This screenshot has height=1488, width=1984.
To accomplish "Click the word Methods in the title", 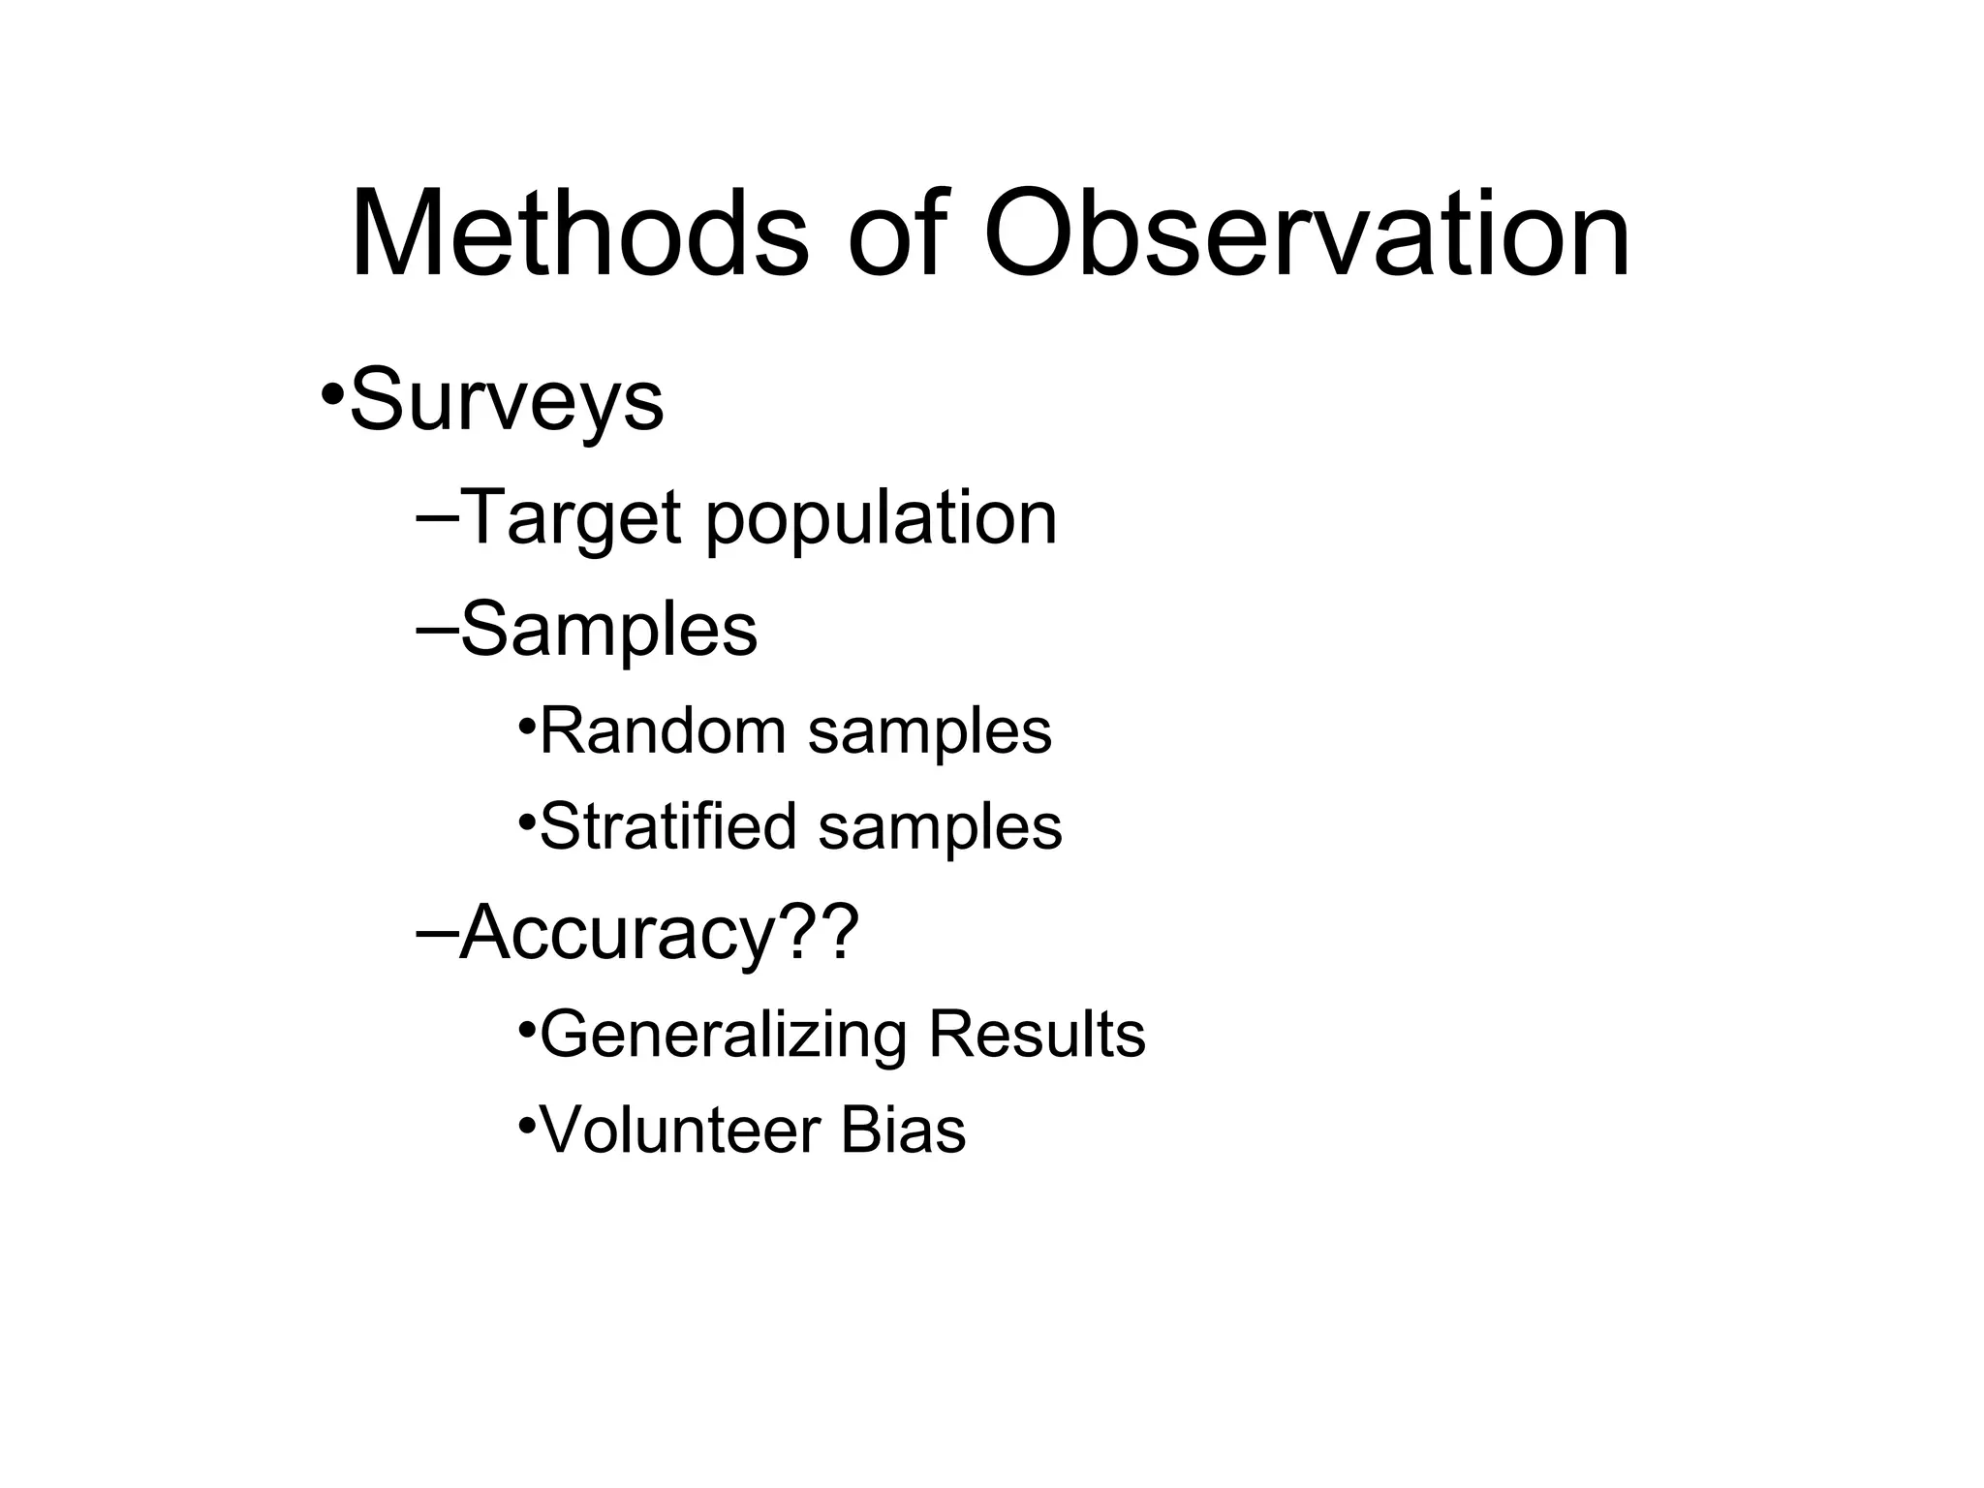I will (x=579, y=235).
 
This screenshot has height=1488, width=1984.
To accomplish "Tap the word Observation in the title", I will (x=1307, y=235).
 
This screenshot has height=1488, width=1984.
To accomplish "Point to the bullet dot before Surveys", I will (x=332, y=395).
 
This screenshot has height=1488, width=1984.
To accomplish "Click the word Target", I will (x=571, y=519).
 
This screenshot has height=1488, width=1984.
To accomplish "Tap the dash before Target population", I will (x=438, y=517).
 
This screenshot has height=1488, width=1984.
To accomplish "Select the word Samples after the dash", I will (x=608, y=630).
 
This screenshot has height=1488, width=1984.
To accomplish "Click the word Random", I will (x=662, y=730).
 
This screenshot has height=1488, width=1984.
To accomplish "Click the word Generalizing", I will (x=723, y=1036).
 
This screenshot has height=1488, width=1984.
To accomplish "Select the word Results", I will (x=1037, y=1034).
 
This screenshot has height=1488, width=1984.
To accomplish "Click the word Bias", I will (x=903, y=1130).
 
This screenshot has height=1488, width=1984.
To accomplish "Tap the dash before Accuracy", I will (x=438, y=932).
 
